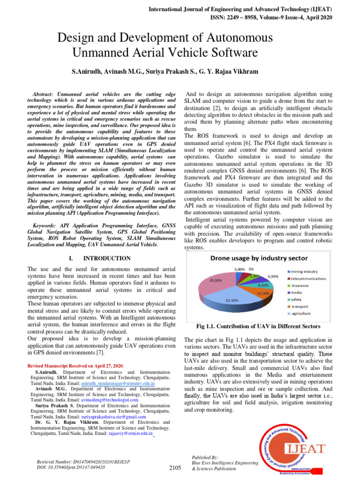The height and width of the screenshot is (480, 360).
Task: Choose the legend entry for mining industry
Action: pos(307,271)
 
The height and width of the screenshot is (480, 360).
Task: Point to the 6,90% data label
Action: pos(273,277)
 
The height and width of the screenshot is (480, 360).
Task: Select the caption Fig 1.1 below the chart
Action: pos(258,326)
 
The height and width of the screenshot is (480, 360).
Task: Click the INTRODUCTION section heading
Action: pos(106,258)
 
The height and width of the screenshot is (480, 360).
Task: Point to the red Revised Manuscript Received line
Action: pos(75,365)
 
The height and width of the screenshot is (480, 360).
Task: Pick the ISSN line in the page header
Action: pos(271,17)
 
